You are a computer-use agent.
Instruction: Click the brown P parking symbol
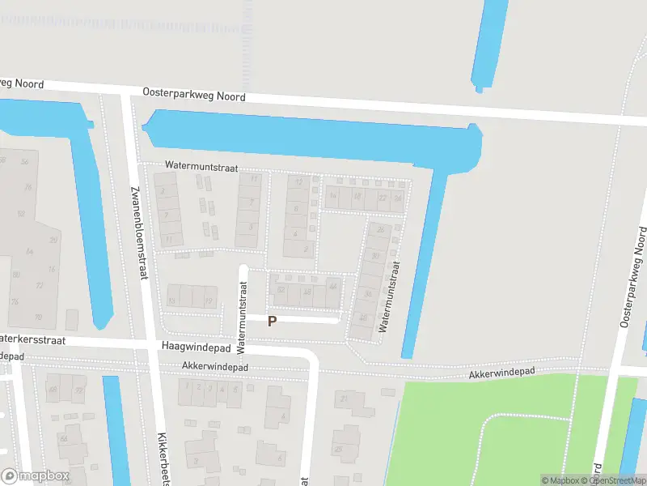pos(273,321)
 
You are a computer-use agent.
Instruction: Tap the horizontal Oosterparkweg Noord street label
pos(193,94)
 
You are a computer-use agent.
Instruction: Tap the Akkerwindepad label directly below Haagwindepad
pos(215,367)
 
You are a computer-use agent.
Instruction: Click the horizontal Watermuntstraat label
pos(201,165)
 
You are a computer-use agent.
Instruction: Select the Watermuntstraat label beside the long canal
pos(389,297)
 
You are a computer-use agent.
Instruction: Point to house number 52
pos(281,289)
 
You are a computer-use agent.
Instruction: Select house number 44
pos(332,286)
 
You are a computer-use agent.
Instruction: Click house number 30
pos(375,257)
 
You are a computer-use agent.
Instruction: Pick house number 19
pos(209,301)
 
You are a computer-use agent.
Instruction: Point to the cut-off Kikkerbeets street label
pos(163,458)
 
